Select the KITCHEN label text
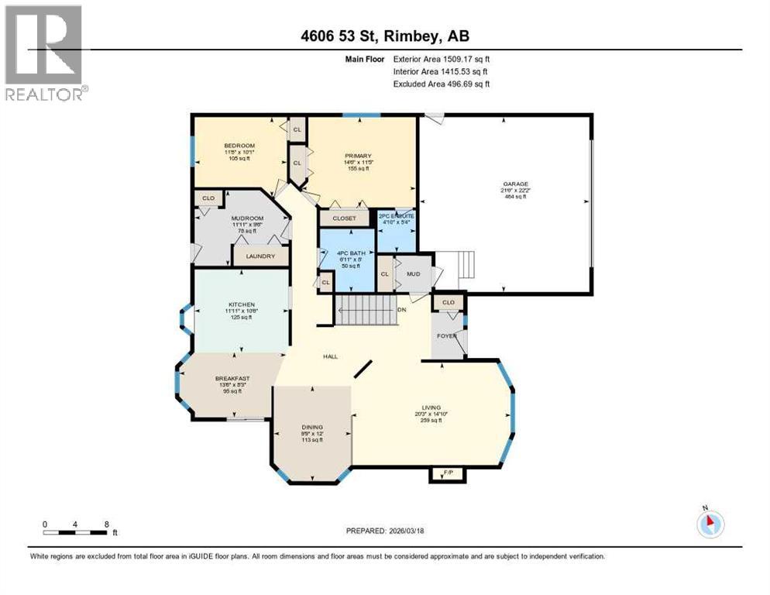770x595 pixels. [241, 304]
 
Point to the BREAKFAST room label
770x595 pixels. [229, 379]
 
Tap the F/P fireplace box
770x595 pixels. [448, 473]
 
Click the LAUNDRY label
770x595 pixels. [260, 256]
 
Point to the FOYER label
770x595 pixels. [446, 336]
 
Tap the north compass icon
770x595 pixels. [710, 524]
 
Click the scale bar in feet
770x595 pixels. [76, 531]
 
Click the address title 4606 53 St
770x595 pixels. [385, 36]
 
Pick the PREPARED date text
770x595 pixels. [385, 531]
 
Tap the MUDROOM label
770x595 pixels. [248, 218]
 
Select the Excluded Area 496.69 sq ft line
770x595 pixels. [442, 84]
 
